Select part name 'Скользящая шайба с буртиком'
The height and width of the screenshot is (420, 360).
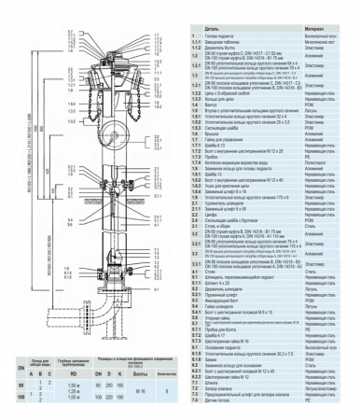tap(233, 223)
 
